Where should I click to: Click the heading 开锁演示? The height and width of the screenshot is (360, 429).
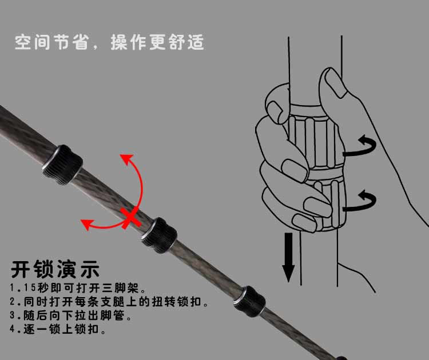55,269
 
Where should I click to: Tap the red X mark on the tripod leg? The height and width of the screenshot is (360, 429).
131,217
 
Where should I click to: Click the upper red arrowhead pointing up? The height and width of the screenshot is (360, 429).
126,159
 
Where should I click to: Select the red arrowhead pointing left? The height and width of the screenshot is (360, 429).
88,224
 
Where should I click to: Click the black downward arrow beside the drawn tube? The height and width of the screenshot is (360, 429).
288,257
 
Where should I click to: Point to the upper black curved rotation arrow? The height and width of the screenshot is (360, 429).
360,146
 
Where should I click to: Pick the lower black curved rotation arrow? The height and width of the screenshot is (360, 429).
360,201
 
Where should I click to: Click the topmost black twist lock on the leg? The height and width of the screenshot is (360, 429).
63,165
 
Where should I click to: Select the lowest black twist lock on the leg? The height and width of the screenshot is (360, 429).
249,302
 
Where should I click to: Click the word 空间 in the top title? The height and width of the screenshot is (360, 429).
32,42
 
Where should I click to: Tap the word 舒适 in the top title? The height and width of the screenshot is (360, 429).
186,42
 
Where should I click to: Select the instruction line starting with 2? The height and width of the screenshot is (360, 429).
109,302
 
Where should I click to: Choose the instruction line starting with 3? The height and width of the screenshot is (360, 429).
70,315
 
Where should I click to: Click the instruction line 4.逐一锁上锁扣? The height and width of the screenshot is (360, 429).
58,329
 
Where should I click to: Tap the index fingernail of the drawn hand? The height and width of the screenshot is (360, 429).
275,110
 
